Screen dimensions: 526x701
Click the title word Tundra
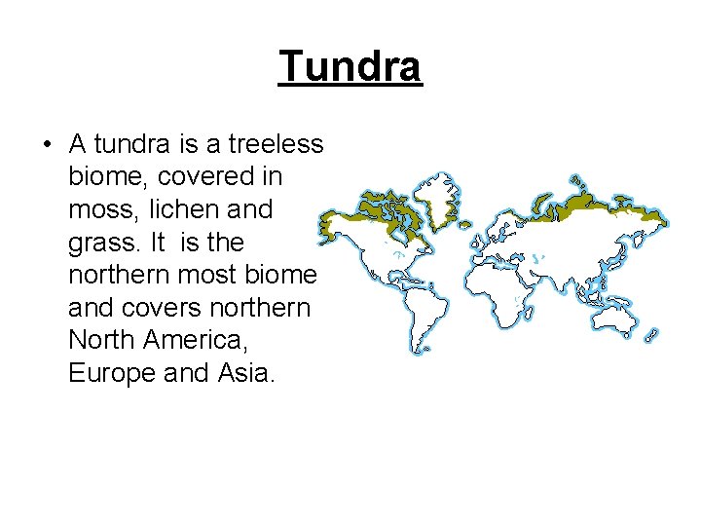pos(350,66)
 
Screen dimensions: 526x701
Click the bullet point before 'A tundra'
pos(46,146)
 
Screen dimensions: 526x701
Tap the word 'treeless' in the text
pos(276,144)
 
